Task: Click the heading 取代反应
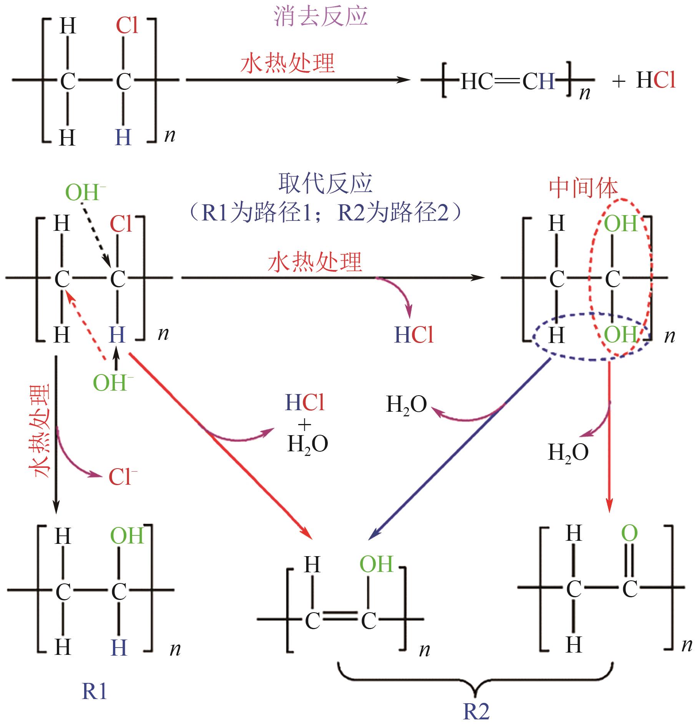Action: point(325,184)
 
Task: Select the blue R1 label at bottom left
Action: point(94,691)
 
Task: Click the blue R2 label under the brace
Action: point(476,711)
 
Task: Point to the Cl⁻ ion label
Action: point(122,477)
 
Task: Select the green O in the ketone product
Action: point(629,533)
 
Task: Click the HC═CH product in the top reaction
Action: point(507,81)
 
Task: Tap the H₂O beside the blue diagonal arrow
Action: point(406,404)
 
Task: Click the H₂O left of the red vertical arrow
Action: point(568,452)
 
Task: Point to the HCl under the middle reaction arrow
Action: point(414,335)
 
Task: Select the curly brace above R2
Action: point(475,680)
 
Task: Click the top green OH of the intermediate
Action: point(621,224)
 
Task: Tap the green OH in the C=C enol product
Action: point(376,564)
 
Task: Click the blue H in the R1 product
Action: point(119,648)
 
